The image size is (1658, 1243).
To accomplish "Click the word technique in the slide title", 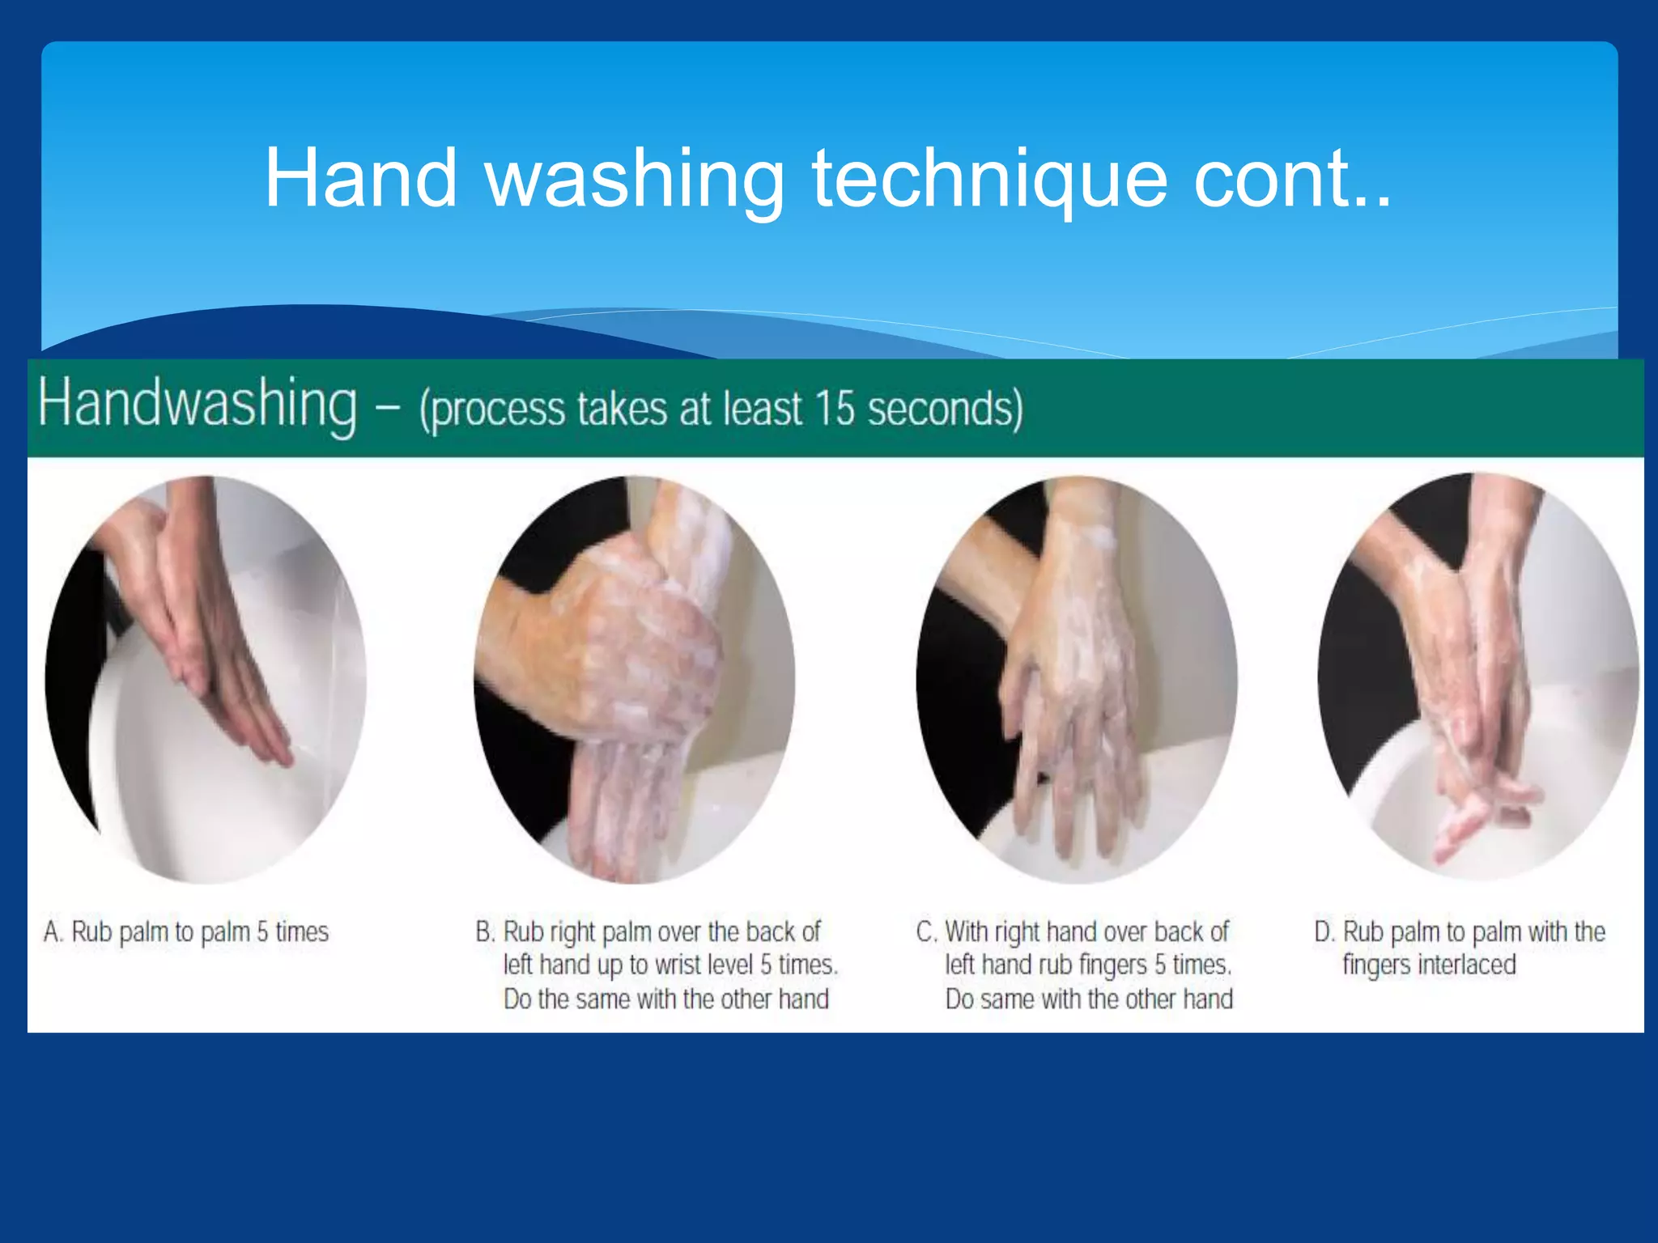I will [x=989, y=180].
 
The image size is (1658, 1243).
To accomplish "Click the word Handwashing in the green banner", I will [x=197, y=404].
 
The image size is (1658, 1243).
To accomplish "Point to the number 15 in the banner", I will [x=834, y=408].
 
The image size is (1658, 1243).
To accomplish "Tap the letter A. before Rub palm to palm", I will [x=53, y=932].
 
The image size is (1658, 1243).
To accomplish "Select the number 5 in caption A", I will [x=262, y=932].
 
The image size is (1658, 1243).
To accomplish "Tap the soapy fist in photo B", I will [x=640, y=647].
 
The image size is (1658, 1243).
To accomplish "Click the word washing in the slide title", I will [x=634, y=180].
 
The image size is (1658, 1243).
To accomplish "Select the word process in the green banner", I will [x=495, y=409].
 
